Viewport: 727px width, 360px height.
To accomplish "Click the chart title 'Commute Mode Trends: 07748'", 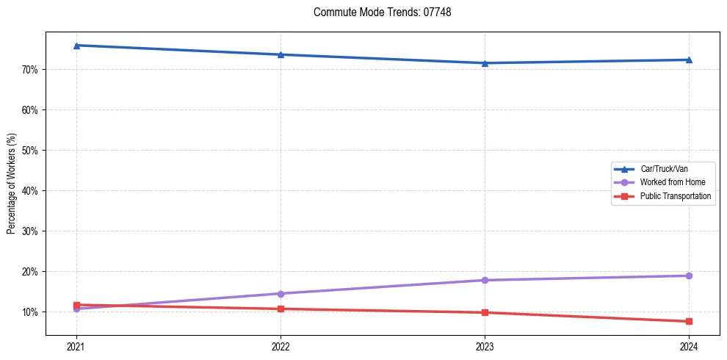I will click(x=377, y=12).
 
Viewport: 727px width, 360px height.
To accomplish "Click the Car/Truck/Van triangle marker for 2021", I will click(x=76, y=46).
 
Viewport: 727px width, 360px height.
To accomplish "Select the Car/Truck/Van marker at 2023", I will click(x=485, y=63).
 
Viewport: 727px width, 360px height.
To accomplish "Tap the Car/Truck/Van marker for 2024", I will click(x=689, y=60).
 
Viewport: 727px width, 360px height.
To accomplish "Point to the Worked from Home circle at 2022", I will click(x=281, y=294).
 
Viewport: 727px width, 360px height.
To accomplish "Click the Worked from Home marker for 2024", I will click(x=689, y=276).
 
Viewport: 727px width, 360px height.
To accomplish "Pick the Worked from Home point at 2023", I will click(x=485, y=280).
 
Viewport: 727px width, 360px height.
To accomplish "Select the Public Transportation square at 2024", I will click(x=689, y=321).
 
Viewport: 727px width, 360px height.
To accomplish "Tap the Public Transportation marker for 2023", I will click(x=485, y=312).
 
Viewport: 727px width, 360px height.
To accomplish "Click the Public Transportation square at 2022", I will click(x=281, y=309).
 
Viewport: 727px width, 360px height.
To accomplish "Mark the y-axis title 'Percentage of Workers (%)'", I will click(x=11, y=184).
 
